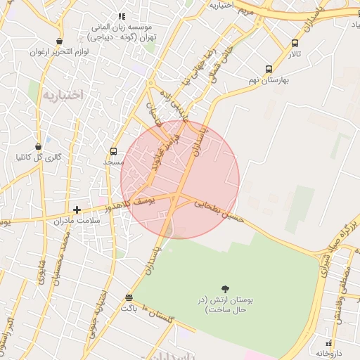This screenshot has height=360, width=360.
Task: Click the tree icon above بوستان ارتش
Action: (x=225, y=289)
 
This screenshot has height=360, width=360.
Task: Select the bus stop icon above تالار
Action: (x=295, y=43)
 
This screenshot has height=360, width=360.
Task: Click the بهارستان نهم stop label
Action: (x=264, y=80)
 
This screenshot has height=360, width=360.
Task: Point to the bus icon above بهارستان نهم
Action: (x=269, y=69)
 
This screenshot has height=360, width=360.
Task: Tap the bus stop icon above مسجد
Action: (x=113, y=151)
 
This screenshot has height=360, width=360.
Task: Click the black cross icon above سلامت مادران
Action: (x=77, y=210)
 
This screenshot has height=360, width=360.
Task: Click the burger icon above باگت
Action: (x=128, y=297)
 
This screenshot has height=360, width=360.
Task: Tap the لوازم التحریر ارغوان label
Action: (x=58, y=52)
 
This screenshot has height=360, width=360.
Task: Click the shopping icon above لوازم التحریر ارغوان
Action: (x=59, y=41)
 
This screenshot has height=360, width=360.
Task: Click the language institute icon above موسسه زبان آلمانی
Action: (x=122, y=16)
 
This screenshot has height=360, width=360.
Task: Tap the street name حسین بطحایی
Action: (x=219, y=212)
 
